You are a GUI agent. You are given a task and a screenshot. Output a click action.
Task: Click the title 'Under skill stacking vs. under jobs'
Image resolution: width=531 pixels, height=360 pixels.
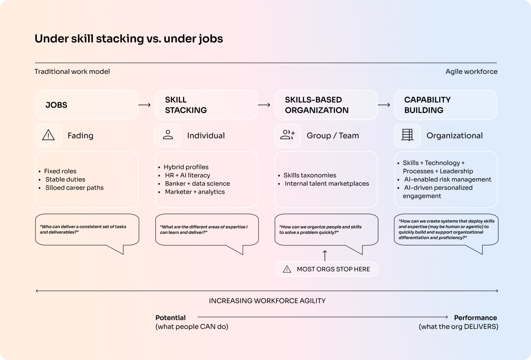tap(128, 39)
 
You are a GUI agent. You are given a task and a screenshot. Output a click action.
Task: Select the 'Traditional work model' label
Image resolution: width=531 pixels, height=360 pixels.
tap(72, 72)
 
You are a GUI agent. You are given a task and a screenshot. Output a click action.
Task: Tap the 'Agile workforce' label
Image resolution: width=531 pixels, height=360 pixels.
tap(471, 72)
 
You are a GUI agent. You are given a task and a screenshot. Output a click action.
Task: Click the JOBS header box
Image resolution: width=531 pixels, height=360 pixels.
tap(87, 105)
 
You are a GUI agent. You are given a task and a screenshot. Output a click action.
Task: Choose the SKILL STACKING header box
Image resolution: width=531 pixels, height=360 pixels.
tap(206, 105)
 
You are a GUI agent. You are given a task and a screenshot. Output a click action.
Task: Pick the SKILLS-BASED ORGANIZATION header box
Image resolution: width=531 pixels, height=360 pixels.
tap(326, 105)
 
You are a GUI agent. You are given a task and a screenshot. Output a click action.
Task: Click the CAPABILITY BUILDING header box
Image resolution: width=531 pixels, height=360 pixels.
tap(446, 105)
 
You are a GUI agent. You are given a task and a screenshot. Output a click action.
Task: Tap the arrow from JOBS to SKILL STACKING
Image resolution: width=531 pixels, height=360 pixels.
tap(145, 105)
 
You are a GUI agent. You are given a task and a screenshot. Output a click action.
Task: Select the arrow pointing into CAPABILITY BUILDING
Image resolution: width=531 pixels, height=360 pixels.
tap(384, 105)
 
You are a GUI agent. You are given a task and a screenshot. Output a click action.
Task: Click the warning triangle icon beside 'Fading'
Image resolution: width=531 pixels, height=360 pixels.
tap(48, 136)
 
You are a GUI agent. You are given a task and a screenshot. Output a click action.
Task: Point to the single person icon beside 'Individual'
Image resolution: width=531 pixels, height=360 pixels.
tap(168, 136)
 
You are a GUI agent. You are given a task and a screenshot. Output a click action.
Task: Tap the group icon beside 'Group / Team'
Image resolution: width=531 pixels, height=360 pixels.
tap(288, 136)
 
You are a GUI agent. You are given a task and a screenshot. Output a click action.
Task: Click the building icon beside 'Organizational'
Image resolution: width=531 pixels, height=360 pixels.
tap(407, 136)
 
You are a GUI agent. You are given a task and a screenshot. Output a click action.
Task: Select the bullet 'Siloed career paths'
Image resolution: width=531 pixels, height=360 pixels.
tap(74, 188)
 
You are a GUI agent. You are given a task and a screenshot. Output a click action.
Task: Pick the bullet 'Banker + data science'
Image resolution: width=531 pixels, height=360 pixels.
tap(197, 184)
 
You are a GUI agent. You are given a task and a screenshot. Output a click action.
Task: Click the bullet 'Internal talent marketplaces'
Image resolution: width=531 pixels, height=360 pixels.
tap(327, 184)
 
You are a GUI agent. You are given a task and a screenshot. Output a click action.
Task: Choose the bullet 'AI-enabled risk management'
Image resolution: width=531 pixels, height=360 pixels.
tap(447, 180)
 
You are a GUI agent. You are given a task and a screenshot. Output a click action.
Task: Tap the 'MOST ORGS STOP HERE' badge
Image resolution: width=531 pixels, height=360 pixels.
tap(327, 269)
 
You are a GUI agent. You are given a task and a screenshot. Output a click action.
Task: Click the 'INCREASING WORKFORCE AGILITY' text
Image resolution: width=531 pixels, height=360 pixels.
tap(267, 301)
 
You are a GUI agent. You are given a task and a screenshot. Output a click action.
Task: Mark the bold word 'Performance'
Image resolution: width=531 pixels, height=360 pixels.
tap(475, 318)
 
